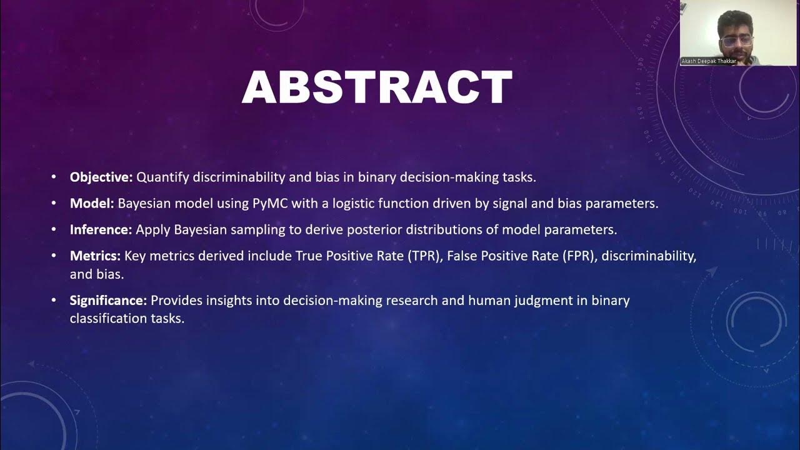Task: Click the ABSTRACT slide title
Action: coord(377,87)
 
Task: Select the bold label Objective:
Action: coord(101,177)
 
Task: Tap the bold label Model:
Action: coord(92,204)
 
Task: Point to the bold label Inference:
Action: coord(101,230)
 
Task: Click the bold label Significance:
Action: coord(108,301)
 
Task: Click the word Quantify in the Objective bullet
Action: coord(164,177)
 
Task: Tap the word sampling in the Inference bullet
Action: coord(257,230)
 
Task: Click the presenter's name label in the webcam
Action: coord(709,61)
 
